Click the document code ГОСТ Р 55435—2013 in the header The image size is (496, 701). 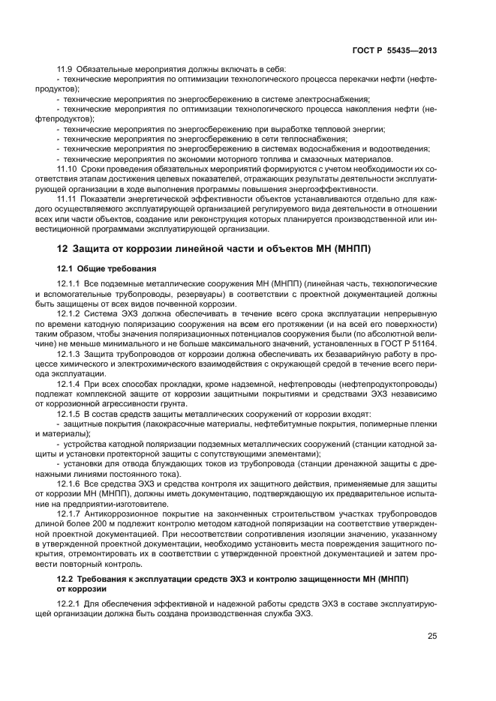coord(395,50)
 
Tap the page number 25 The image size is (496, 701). coord(432,636)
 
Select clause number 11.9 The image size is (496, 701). coord(67,70)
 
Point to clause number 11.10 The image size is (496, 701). coord(69,169)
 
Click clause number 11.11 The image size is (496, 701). coord(69,199)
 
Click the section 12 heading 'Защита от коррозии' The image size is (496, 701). coord(215,248)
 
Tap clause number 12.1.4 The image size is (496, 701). coord(71,382)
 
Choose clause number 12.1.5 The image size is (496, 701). coord(71,412)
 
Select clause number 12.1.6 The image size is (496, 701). coord(71,482)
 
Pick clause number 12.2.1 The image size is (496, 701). coord(71,602)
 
